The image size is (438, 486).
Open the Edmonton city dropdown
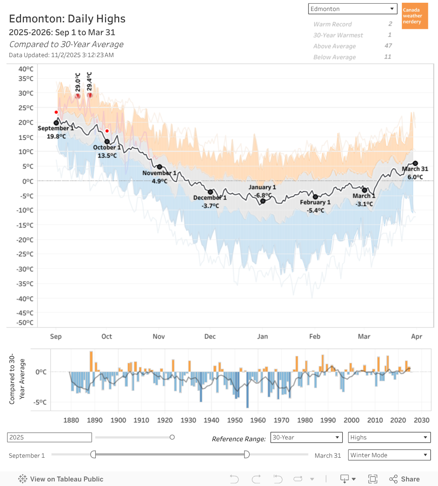(x=353, y=9)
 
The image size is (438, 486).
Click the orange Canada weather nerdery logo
(x=415, y=16)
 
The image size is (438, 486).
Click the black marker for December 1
(x=210, y=192)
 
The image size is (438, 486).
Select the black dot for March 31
(x=415, y=163)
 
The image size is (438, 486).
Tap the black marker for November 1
(x=160, y=167)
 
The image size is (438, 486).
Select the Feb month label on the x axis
(x=315, y=337)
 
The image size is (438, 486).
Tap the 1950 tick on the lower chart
(x=235, y=420)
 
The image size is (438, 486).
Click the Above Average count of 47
(x=388, y=46)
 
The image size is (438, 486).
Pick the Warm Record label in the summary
(x=333, y=24)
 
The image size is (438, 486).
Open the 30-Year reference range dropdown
(x=306, y=437)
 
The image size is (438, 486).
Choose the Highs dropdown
(x=389, y=437)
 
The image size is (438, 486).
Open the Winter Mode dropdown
(x=389, y=455)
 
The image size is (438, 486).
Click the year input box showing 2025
(x=49, y=437)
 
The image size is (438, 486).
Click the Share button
(x=404, y=479)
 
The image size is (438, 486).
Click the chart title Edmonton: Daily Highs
(x=67, y=19)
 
